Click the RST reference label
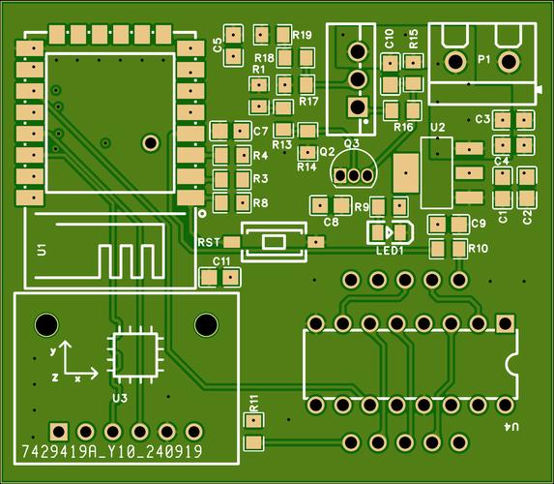pos(209,241)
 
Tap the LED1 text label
pos(390,250)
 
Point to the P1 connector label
pos(483,59)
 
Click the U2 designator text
pos(437,127)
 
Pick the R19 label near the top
pos(302,35)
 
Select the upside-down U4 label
pos(510,427)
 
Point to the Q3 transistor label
pos(351,143)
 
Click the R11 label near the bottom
pos(253,403)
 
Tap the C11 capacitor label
pos(220,261)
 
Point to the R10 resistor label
pos(478,249)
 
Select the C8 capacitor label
pos(331,222)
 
